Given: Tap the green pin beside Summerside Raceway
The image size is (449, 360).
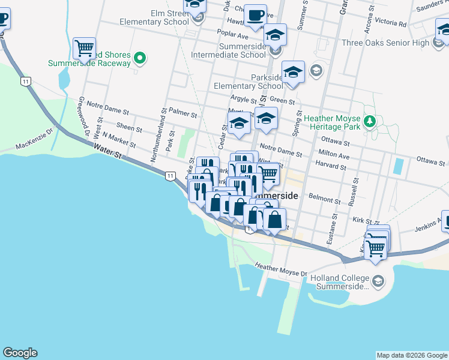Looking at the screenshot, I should point(140,58).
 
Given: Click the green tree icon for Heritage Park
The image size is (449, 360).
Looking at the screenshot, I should point(370,122).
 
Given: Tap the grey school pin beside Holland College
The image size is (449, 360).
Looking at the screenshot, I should point(378,280).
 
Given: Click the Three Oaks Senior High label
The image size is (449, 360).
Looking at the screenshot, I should point(385,43).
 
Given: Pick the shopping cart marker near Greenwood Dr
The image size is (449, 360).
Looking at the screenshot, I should point(85,48).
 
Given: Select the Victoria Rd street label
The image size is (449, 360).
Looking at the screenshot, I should point(390,23).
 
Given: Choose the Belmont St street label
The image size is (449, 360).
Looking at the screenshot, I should point(324,197).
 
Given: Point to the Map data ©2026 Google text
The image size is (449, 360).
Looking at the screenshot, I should point(412,355).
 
